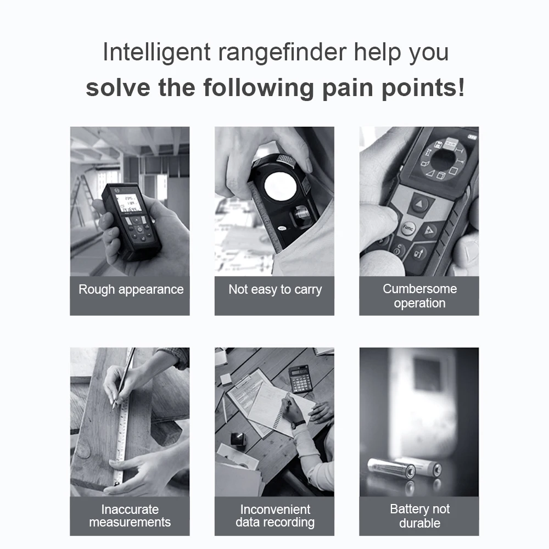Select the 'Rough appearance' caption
click(131, 289)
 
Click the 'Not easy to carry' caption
click(275, 289)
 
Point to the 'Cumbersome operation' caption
click(419, 296)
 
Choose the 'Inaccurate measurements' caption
click(130, 516)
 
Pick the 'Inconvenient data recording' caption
click(275, 516)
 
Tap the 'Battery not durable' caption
click(419, 516)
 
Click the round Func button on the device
click(408, 228)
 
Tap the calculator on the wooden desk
click(301, 379)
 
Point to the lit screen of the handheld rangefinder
click(128, 203)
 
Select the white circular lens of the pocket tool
click(281, 186)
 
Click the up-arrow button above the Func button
click(419, 204)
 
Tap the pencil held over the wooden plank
click(124, 379)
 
